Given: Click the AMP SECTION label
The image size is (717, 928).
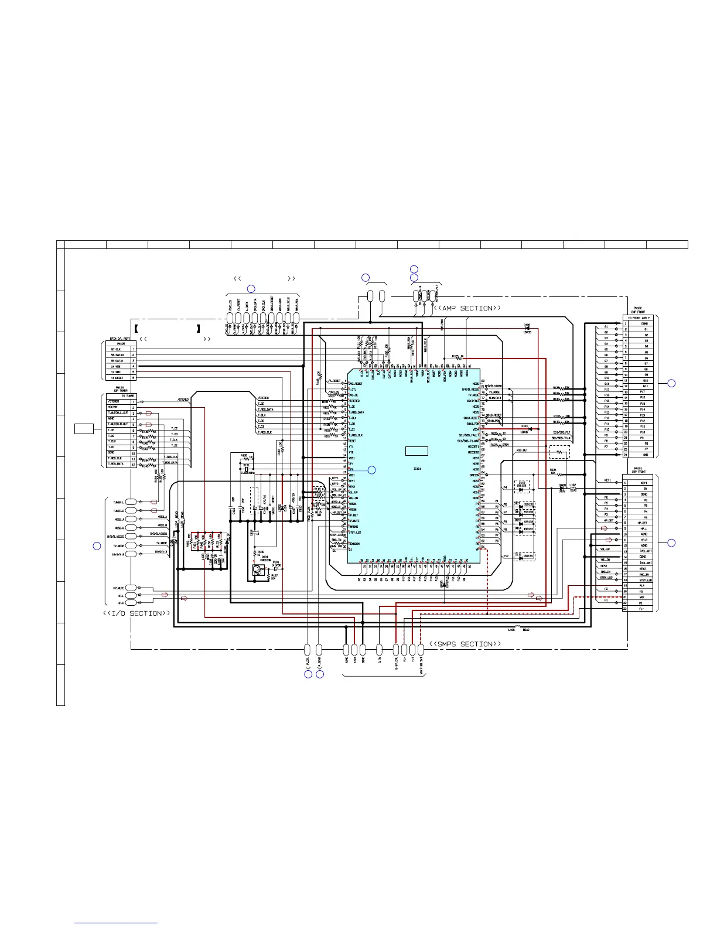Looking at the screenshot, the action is (467, 308).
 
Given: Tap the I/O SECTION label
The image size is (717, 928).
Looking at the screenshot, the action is (136, 613).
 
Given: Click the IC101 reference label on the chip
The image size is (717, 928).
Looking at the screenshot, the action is (417, 469).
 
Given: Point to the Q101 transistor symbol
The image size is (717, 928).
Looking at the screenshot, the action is (257, 569).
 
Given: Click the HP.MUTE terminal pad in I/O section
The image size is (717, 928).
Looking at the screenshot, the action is (131, 588).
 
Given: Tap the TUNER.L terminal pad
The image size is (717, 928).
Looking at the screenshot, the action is (131, 502).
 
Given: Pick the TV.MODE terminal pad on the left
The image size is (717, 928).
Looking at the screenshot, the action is (131, 545).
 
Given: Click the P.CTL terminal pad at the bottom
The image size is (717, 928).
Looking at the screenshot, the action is (308, 649).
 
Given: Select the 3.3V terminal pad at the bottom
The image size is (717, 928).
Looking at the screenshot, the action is (380, 649).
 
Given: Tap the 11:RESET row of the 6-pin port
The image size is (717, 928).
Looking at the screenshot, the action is (120, 378).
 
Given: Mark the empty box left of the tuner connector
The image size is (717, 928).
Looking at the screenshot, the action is (84, 428).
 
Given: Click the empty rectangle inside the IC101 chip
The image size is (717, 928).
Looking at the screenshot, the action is (416, 451).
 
